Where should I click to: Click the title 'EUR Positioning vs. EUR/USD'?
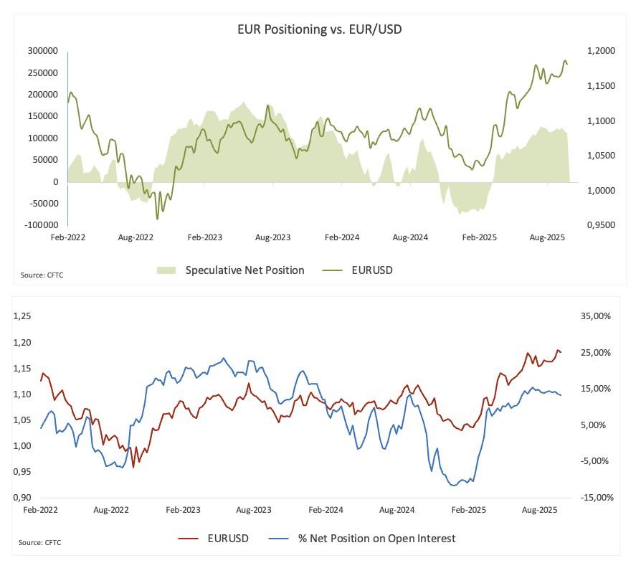point(324,29)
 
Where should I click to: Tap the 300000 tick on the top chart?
point(43,51)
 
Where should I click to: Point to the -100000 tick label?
point(42,225)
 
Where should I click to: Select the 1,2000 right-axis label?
point(600,51)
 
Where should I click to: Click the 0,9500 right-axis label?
point(600,225)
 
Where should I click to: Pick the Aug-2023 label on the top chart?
point(272,237)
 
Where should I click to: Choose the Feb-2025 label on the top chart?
point(480,237)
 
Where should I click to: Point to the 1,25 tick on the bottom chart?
point(22,316)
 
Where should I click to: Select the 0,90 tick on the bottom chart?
point(22,498)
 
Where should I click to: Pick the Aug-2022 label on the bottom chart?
point(112,510)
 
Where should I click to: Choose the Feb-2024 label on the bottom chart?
point(326,510)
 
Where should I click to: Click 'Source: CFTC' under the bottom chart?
point(40,542)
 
